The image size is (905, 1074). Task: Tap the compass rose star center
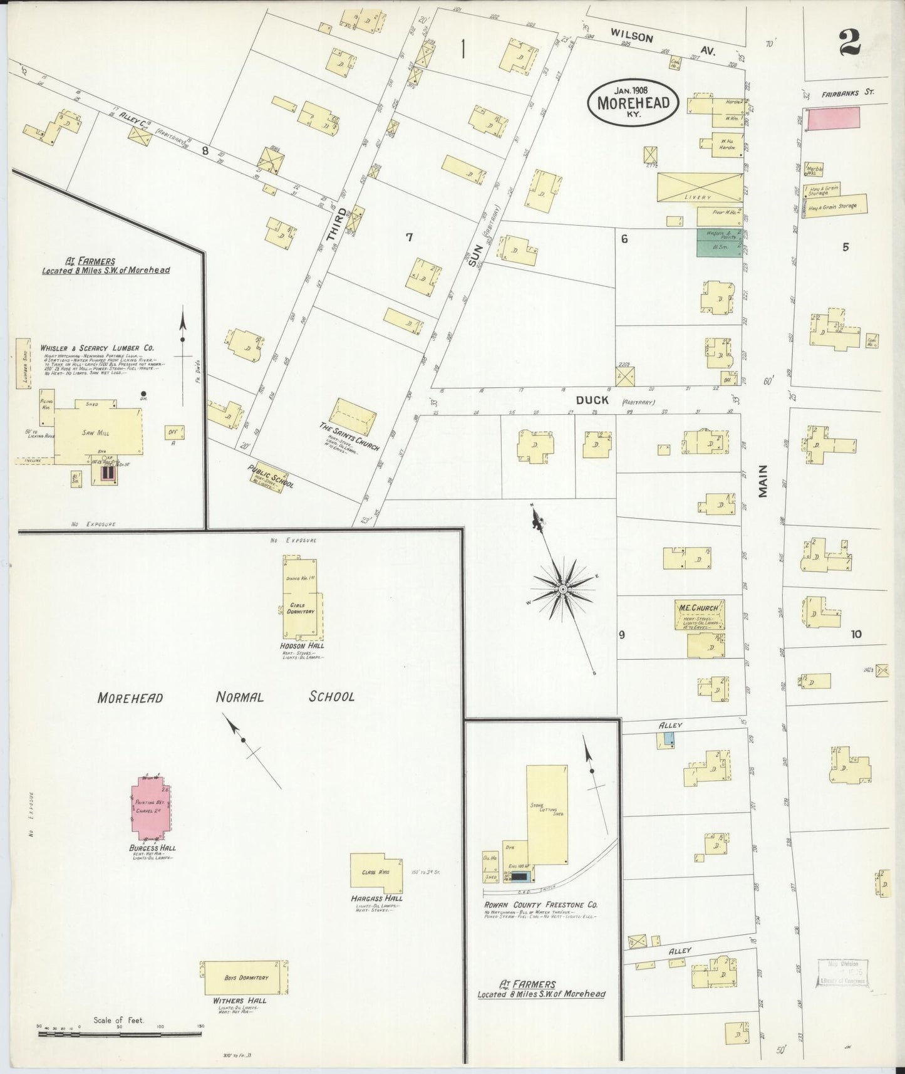coord(563,590)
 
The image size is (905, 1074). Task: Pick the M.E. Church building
coord(699,614)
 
